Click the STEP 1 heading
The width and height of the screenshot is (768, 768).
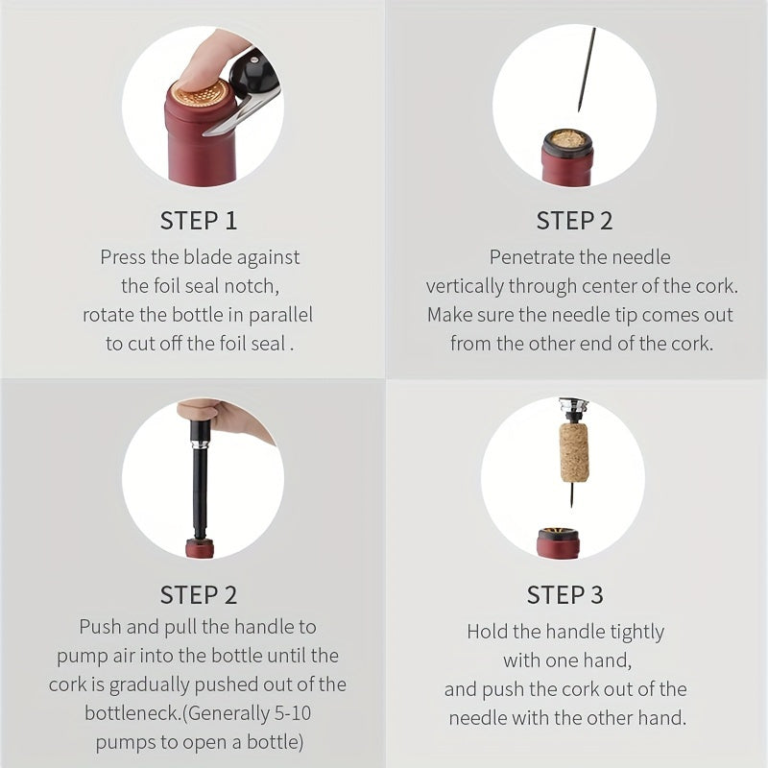pyautogui.click(x=199, y=221)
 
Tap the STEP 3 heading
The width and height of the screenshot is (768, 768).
pyautogui.click(x=564, y=595)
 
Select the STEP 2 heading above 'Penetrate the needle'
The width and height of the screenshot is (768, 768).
pyautogui.click(x=574, y=221)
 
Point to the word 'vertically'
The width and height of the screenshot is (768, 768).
pyautogui.click(x=465, y=286)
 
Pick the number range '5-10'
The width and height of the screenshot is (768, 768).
pyautogui.click(x=293, y=713)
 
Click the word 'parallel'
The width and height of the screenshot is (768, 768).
pyautogui.click(x=280, y=315)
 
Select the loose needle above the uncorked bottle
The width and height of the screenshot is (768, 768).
pyautogui.click(x=586, y=69)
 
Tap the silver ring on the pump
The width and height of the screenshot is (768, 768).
pyautogui.click(x=199, y=444)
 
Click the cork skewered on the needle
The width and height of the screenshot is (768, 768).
pyautogui.click(x=574, y=452)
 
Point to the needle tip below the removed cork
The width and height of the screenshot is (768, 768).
pyautogui.click(x=571, y=505)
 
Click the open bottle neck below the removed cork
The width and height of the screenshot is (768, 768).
pyautogui.click(x=559, y=542)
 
